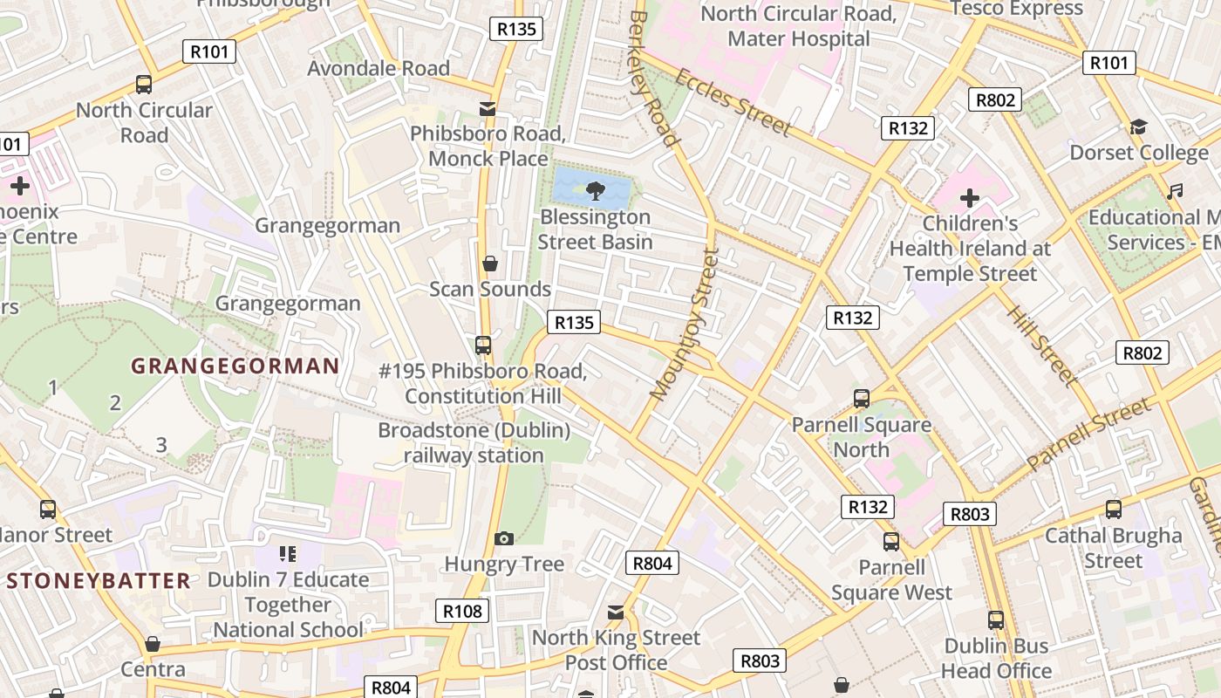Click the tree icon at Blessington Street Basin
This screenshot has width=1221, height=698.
595,188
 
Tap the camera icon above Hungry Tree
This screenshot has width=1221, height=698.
504,538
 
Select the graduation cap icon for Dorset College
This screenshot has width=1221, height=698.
1138,127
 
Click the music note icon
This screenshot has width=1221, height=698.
1175,191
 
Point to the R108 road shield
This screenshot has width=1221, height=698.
462,611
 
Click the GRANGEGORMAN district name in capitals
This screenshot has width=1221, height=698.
235,366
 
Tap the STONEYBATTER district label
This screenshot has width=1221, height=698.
99,580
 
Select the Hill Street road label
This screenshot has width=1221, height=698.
1041,344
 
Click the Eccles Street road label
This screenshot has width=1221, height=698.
733,102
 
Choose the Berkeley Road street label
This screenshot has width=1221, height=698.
653,79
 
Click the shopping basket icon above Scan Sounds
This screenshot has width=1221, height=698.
490,263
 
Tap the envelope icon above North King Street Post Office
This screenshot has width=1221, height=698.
616,612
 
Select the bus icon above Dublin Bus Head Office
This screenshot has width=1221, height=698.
996,620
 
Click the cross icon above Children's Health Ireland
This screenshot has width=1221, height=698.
969,198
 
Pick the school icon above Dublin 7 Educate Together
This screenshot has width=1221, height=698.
288,554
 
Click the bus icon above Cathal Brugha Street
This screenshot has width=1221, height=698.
1113,510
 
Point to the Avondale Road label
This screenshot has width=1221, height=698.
379,68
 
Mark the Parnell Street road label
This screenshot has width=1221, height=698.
1088,435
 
